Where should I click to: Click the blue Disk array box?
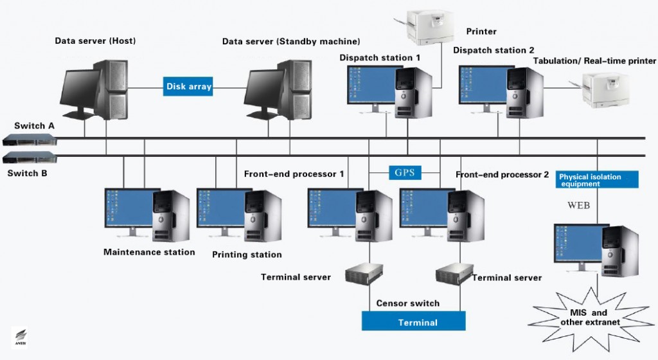[x=188, y=86]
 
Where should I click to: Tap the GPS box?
[x=404, y=172]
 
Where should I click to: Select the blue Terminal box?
[x=413, y=321]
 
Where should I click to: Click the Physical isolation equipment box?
[x=598, y=179]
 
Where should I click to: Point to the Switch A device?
[x=29, y=139]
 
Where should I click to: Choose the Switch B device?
[x=29, y=158]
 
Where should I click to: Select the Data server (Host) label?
[x=95, y=41]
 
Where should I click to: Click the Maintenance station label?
[x=149, y=252]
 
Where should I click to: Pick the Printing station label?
[x=247, y=255]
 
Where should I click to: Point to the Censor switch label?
[x=408, y=303]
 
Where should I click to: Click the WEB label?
[x=578, y=206]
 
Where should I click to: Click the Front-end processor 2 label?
[x=502, y=175]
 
